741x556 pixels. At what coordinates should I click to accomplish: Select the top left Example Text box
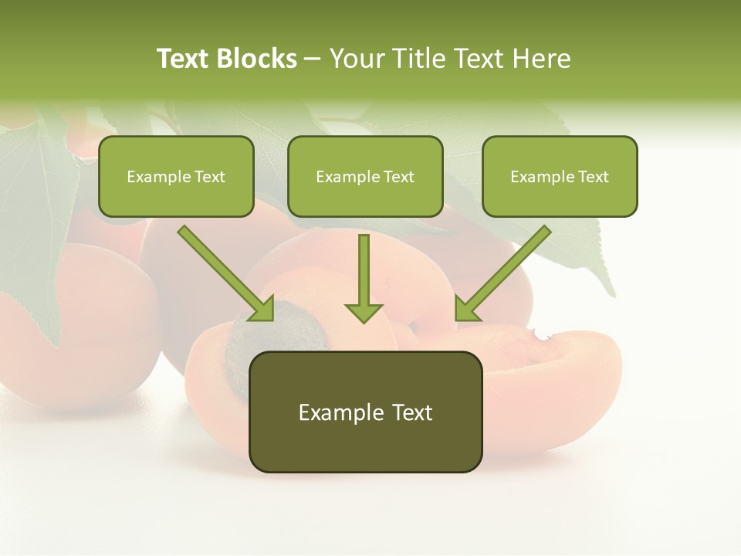176,176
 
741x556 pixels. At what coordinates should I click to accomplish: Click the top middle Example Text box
365,176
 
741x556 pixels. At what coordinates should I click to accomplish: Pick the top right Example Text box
560,176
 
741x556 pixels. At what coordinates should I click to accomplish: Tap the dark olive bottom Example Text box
365,412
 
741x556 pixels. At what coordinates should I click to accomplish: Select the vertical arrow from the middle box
364,274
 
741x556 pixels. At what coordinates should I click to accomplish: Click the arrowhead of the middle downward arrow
364,312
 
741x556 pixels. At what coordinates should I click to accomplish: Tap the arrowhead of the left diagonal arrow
262,309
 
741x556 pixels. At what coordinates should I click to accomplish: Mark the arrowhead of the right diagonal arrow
465,309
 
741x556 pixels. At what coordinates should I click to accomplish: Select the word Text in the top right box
593,177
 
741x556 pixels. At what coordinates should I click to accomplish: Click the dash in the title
313,59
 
